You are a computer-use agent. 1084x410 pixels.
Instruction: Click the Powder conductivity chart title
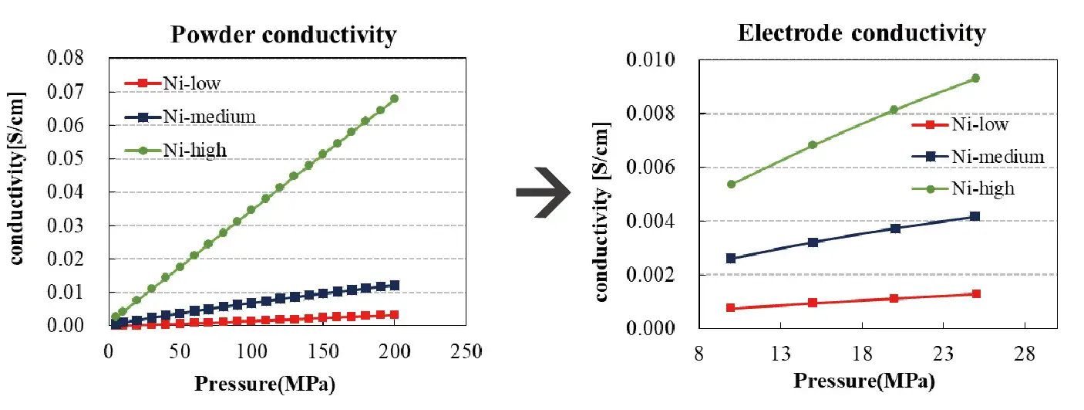coord(284,35)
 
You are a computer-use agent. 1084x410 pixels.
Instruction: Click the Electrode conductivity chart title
coord(861,33)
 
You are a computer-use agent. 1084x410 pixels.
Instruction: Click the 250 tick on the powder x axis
coord(466,352)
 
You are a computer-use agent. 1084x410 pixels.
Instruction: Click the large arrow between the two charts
coord(542,191)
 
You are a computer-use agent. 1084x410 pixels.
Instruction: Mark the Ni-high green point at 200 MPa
coord(394,99)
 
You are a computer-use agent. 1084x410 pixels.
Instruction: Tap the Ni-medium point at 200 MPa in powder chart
coord(394,285)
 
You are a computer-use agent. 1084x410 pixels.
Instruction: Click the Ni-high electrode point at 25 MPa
coord(975,78)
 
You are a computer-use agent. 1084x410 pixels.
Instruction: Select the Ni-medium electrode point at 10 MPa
coord(731,258)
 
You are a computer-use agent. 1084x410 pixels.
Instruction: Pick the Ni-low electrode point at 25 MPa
coord(975,294)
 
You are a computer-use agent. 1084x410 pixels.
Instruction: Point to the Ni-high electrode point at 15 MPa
coord(813,144)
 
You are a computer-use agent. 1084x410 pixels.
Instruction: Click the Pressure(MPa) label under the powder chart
coord(264,383)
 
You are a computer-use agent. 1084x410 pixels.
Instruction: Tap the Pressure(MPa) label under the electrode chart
coord(863,381)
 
